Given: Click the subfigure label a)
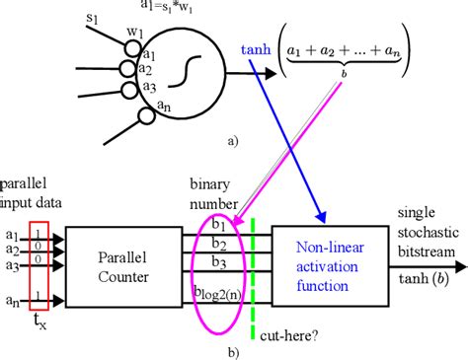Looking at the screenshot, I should point(232,141).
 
